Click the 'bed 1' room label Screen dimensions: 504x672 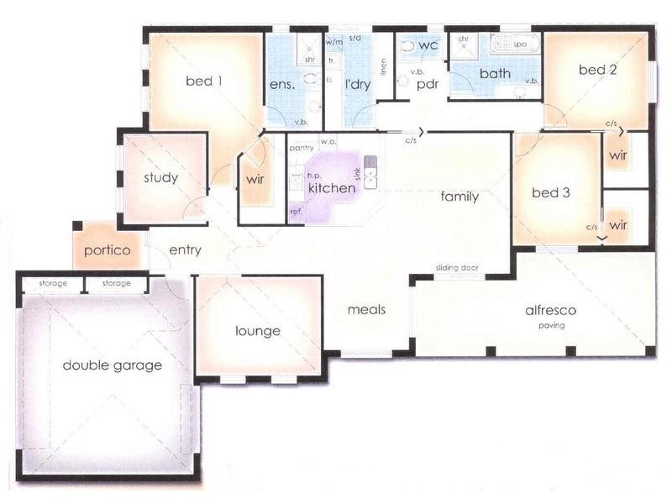click(203, 81)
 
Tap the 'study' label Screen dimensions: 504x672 click(162, 177)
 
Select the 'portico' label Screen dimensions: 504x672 click(108, 250)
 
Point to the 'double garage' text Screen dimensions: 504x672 click(112, 365)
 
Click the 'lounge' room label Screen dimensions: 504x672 click(257, 331)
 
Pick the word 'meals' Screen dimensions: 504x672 click(367, 309)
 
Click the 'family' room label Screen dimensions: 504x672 click(460, 197)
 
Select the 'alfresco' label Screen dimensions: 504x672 click(552, 309)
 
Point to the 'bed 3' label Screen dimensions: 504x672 click(551, 192)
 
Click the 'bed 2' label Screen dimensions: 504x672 click(598, 70)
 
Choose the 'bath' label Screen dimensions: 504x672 click(495, 73)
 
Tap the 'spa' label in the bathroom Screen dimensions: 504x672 click(520, 44)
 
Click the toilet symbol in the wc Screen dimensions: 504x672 click(408, 47)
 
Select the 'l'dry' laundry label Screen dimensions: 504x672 click(359, 84)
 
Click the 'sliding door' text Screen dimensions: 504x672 click(457, 268)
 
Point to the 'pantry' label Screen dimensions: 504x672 click(301, 148)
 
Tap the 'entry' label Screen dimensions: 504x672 click(185, 249)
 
